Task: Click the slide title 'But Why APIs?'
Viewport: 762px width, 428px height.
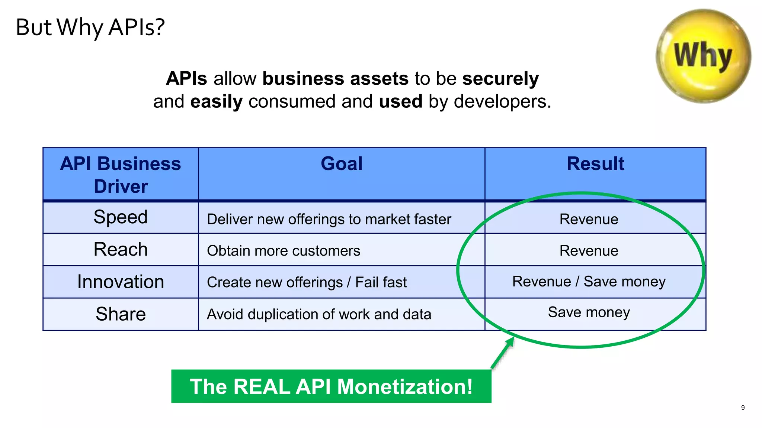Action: [x=90, y=27]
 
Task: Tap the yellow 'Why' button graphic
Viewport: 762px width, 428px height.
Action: [x=703, y=56]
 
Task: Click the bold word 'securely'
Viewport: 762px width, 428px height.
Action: [x=500, y=79]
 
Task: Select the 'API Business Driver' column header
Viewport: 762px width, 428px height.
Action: [x=121, y=174]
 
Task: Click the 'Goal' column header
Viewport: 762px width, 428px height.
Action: [x=342, y=164]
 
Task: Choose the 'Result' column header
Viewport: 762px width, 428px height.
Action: [x=595, y=164]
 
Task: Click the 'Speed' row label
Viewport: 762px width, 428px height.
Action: [x=121, y=217]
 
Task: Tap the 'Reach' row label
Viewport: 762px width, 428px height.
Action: [x=121, y=249]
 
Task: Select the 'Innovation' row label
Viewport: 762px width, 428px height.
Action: [x=121, y=282]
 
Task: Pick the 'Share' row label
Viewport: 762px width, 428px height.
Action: [x=121, y=314]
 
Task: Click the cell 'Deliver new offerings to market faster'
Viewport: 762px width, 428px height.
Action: [x=329, y=219]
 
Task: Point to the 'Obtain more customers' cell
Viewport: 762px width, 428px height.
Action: [x=284, y=251]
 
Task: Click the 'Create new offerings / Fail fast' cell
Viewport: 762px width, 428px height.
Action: [x=307, y=282]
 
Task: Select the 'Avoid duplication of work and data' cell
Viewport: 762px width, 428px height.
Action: [x=319, y=314]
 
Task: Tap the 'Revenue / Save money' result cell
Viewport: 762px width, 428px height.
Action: [x=589, y=282]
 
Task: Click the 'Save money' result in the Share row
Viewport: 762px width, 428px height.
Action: [x=589, y=312]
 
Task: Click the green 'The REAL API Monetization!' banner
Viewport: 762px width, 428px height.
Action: [x=331, y=386]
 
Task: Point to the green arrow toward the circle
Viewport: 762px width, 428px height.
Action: [x=503, y=353]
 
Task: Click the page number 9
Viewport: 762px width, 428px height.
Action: [x=743, y=408]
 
